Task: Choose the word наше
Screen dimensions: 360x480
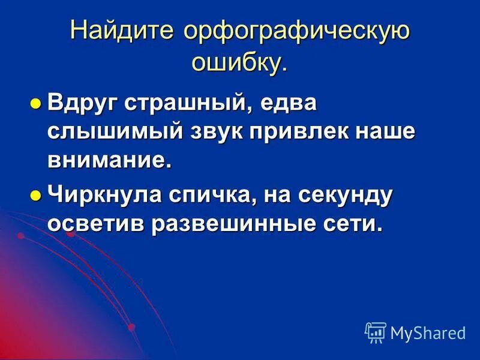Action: click(384, 132)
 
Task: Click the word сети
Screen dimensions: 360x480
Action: click(354, 224)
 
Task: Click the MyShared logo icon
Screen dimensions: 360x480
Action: click(376, 331)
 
